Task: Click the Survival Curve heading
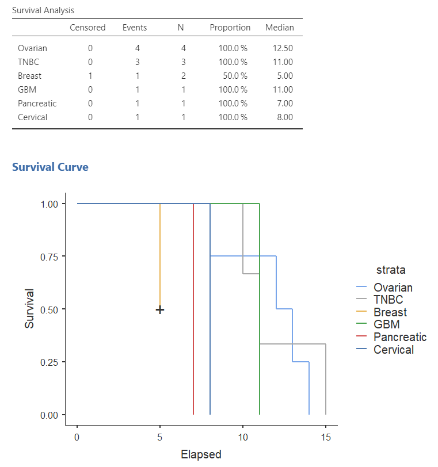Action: coord(50,167)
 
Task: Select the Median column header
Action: coord(279,28)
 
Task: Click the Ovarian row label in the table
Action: coord(32,48)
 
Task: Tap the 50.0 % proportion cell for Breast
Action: coord(233,76)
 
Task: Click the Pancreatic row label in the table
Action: coord(37,104)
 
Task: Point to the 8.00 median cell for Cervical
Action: coord(284,117)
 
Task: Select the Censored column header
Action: coord(87,28)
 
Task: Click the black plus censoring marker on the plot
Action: coord(160,310)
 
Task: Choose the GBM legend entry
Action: coord(386,324)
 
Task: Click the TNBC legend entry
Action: coord(388,300)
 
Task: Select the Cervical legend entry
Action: coord(393,350)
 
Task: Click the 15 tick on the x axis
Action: coord(326,437)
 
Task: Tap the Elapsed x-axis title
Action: coord(201,454)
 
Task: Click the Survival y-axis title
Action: coord(30,309)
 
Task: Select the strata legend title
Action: coord(391,269)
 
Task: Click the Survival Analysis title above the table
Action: coord(43,10)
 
